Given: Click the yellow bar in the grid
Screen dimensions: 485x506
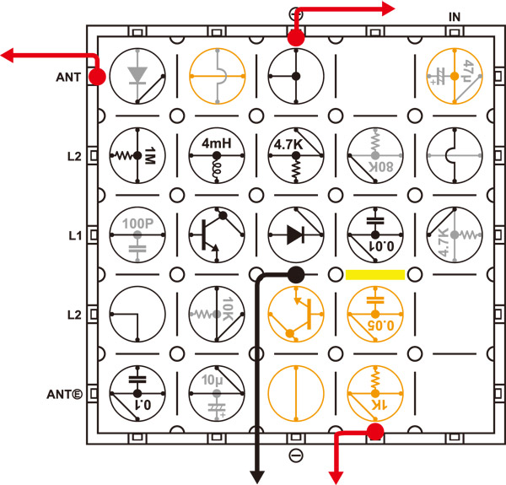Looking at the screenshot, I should [375, 274].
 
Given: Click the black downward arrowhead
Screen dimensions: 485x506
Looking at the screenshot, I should [256, 477].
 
